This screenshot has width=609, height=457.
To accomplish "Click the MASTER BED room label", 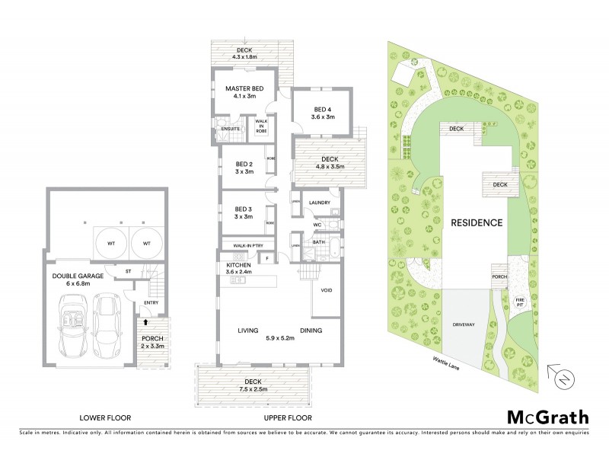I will click(244, 88).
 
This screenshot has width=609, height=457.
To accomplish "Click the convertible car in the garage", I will click(75, 326).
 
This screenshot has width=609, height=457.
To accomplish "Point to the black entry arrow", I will click(145, 324).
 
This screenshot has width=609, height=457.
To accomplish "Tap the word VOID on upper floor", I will click(326, 290).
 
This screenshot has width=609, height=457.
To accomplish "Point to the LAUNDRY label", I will click(319, 203).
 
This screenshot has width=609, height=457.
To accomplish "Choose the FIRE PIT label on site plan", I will click(521, 302).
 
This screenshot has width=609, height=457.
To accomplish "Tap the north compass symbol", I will click(564, 379).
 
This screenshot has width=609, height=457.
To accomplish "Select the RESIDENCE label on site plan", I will click(476, 223).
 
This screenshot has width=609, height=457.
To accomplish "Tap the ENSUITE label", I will click(231, 129).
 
